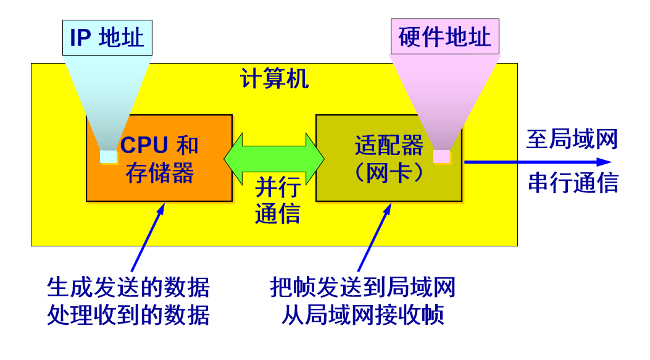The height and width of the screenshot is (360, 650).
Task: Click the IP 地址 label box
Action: click(107, 38)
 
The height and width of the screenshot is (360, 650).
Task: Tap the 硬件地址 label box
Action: click(444, 37)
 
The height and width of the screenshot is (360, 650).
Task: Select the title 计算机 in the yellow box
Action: click(274, 79)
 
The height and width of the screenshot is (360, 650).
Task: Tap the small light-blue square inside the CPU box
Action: click(108, 157)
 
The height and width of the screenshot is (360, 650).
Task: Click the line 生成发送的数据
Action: click(128, 287)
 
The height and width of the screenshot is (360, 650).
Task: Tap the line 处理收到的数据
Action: click(128, 315)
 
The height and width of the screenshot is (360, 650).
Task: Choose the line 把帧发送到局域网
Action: click(363, 287)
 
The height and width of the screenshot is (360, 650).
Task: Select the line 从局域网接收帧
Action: click(363, 315)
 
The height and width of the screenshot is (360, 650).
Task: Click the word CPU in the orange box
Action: click(144, 145)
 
